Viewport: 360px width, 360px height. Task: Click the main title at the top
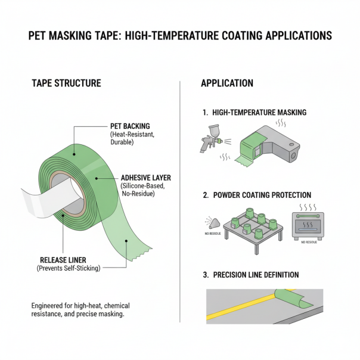coord(180,36)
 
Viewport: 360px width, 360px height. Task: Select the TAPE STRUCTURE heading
coord(66,83)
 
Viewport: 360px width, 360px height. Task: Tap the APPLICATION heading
coord(227,83)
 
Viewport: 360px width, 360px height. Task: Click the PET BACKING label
coord(130,126)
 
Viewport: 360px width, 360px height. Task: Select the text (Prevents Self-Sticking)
coord(69,268)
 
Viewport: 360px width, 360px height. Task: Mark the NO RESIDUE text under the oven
coord(310,243)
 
